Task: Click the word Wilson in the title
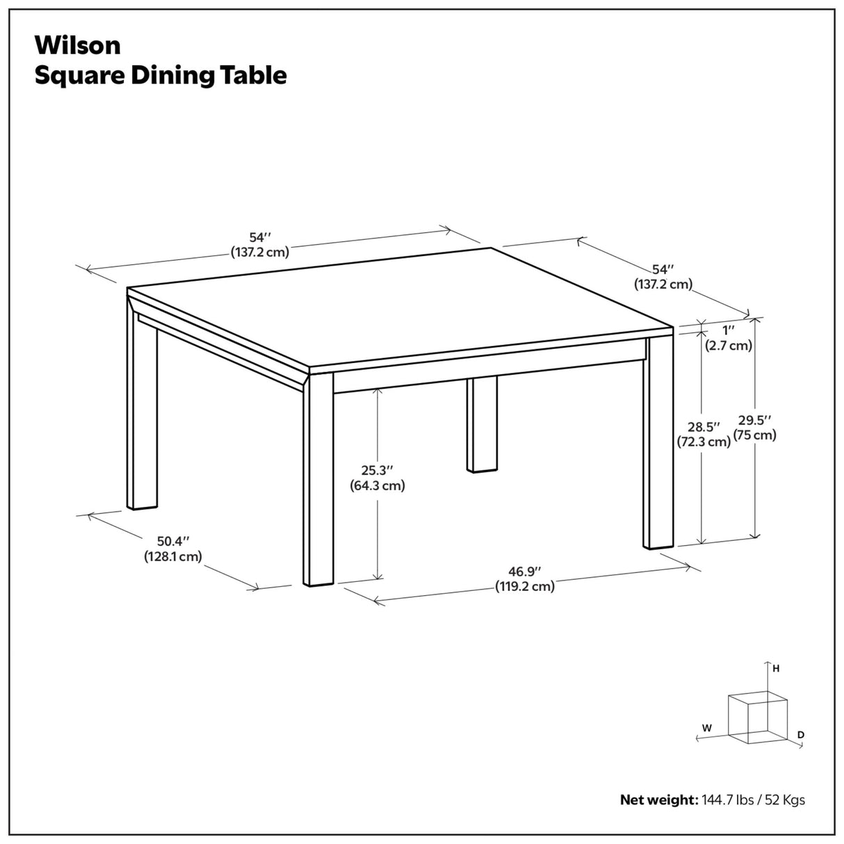coord(78,45)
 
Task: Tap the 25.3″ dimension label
coord(377,471)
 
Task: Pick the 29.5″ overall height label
coord(755,420)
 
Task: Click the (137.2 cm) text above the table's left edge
coord(259,252)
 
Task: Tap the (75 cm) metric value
coord(755,435)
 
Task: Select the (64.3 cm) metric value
coord(377,485)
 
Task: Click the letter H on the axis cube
coord(776,668)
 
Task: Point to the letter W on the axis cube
coord(706,728)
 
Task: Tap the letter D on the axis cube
coord(801,734)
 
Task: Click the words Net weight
coord(658,800)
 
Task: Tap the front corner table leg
coord(318,480)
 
